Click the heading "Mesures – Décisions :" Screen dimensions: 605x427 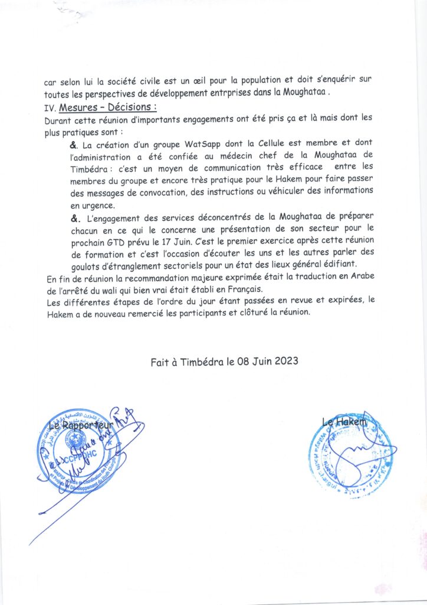[x=108, y=108]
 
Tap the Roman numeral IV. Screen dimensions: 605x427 [x=50, y=108]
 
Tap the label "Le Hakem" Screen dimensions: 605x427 [x=344, y=421]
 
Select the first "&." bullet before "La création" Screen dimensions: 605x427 [x=74, y=144]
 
